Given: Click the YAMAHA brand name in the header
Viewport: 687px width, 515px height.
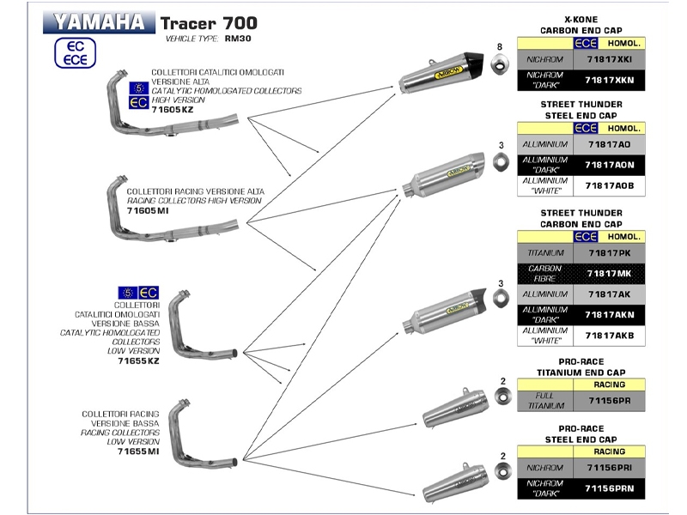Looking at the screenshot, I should pyautogui.click(x=99, y=21).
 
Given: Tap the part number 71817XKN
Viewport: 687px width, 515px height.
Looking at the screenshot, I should pyautogui.click(x=607, y=82).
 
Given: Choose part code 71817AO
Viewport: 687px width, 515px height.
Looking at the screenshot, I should pyautogui.click(x=607, y=144).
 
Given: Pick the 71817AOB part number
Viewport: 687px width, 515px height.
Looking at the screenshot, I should pyautogui.click(x=607, y=185).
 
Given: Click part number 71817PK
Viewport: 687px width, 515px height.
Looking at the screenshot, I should pyautogui.click(x=607, y=253).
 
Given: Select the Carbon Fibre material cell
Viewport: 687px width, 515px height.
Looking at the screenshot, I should pyautogui.click(x=545, y=274).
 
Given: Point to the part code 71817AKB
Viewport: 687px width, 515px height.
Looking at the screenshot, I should pyautogui.click(x=607, y=336).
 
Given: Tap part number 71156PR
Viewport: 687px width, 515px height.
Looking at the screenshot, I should pyautogui.click(x=607, y=400).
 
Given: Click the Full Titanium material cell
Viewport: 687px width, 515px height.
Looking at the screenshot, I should pyautogui.click(x=545, y=400).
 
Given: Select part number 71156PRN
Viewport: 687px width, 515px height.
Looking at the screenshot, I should pyautogui.click(x=607, y=487).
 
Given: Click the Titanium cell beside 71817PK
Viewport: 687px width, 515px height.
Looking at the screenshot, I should pyautogui.click(x=545, y=253).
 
